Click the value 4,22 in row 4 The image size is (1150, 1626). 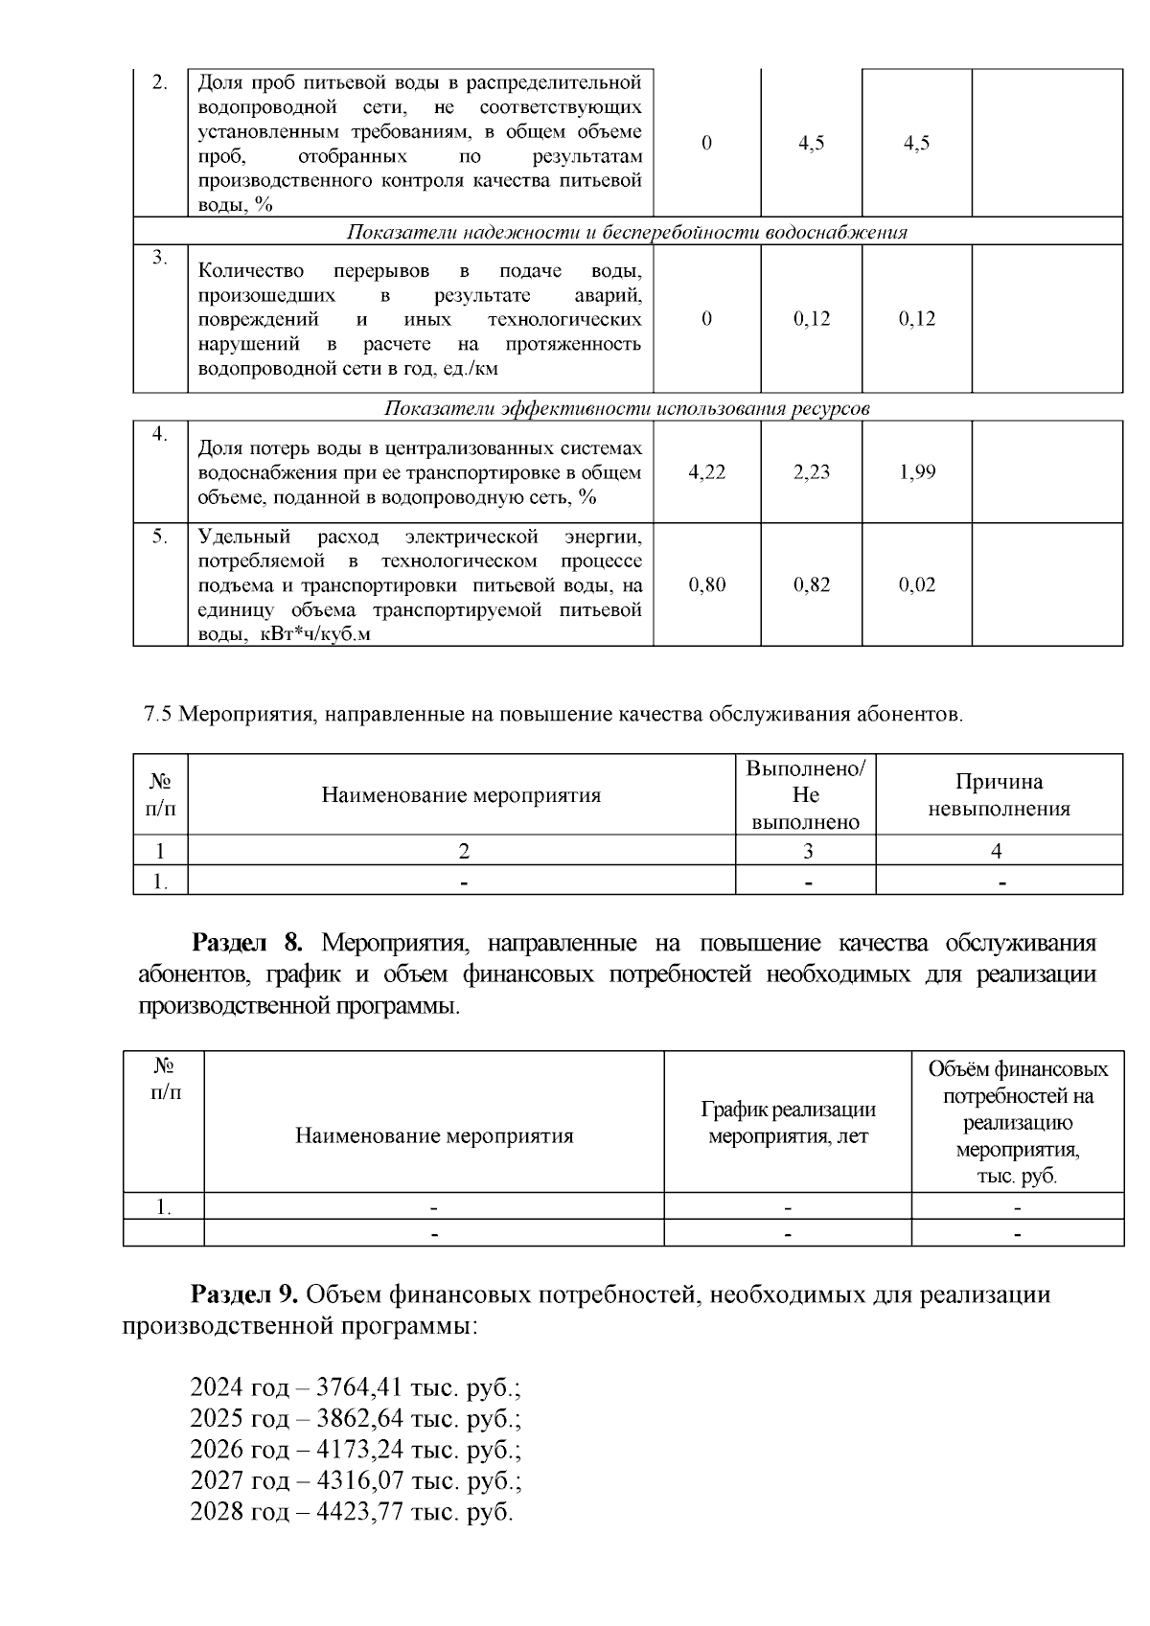coord(707,472)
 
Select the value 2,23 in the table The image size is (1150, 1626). coord(812,472)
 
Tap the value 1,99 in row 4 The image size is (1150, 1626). coord(917,472)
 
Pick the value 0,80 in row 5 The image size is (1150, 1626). coord(707,585)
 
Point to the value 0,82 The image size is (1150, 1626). coord(812,585)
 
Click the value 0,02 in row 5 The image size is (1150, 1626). coord(917,585)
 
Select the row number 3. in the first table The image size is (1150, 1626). coord(160,258)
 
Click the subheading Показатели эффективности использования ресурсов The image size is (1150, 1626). coord(627,409)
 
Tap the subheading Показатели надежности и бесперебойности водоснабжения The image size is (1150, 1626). coord(627,233)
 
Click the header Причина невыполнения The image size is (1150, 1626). coord(999,795)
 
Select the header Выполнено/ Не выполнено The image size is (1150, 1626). coord(806,795)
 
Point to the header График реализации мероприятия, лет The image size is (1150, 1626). coord(788,1123)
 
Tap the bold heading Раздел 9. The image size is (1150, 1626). coord(246,1295)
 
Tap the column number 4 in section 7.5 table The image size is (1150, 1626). coord(997,851)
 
